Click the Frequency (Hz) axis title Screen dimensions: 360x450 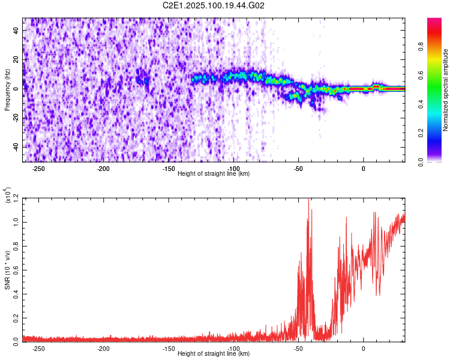[x=7, y=90]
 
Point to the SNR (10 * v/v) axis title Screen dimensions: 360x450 [x=7, y=269]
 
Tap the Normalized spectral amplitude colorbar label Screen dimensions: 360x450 [x=445, y=90]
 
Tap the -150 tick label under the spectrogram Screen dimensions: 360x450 [x=169, y=169]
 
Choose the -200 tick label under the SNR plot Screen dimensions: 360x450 [x=103, y=349]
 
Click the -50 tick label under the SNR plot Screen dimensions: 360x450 [x=298, y=349]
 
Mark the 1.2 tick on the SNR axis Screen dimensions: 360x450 [x=15, y=197]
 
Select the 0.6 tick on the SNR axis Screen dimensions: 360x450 [x=15, y=269]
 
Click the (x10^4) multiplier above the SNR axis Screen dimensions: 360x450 [x=8, y=196]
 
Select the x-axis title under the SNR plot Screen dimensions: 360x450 [x=214, y=353]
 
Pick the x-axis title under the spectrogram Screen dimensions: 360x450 [x=214, y=174]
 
